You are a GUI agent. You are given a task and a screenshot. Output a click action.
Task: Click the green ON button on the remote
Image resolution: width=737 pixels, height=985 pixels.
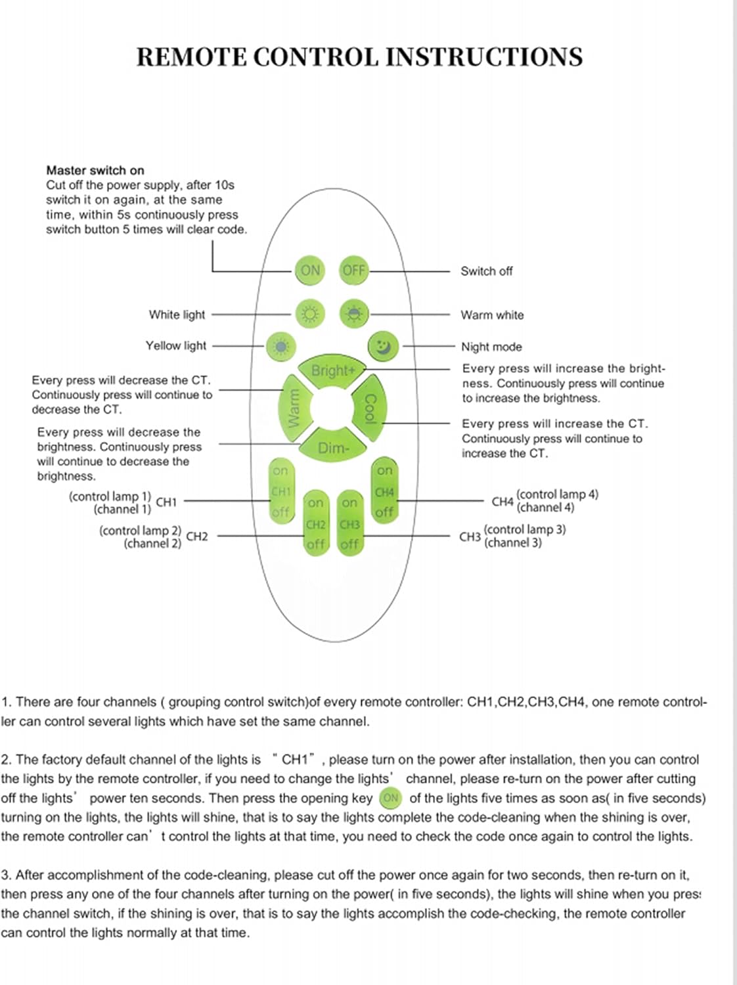click(x=310, y=270)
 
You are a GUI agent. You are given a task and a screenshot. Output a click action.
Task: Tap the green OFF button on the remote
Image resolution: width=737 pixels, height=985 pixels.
click(x=353, y=270)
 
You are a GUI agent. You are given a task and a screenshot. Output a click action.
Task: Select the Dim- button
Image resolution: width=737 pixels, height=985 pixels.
click(x=333, y=447)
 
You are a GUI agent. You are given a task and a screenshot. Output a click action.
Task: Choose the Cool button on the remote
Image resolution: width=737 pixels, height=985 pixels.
click(x=370, y=408)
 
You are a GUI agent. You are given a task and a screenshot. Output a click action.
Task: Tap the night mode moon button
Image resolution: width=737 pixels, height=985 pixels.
click(x=383, y=345)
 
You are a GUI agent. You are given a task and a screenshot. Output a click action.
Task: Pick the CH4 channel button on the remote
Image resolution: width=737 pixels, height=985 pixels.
click(x=384, y=491)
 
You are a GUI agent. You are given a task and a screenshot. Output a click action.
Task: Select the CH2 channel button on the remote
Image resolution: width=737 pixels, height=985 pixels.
click(x=316, y=524)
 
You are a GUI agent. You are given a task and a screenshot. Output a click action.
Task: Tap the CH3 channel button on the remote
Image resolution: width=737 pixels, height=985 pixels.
click(x=349, y=524)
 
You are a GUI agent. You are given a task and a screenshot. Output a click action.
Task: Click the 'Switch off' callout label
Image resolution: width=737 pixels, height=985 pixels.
click(x=486, y=271)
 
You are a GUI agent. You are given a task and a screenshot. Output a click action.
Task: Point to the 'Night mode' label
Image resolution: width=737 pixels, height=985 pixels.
click(x=491, y=347)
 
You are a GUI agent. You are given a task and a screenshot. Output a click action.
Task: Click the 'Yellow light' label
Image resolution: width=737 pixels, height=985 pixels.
click(x=176, y=345)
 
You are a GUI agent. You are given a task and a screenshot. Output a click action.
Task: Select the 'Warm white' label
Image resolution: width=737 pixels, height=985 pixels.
click(x=492, y=315)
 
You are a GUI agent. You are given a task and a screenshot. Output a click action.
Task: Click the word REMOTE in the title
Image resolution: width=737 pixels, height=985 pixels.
click(x=191, y=57)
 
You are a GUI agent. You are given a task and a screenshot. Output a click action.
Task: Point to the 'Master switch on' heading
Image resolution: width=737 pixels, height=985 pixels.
click(x=95, y=170)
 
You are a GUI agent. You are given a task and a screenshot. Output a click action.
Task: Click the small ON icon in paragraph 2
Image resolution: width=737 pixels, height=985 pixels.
click(x=390, y=798)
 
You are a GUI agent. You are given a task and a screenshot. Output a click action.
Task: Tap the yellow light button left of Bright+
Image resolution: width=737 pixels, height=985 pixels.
click(x=281, y=346)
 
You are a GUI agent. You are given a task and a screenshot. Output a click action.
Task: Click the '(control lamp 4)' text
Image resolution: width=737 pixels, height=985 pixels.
click(x=557, y=494)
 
